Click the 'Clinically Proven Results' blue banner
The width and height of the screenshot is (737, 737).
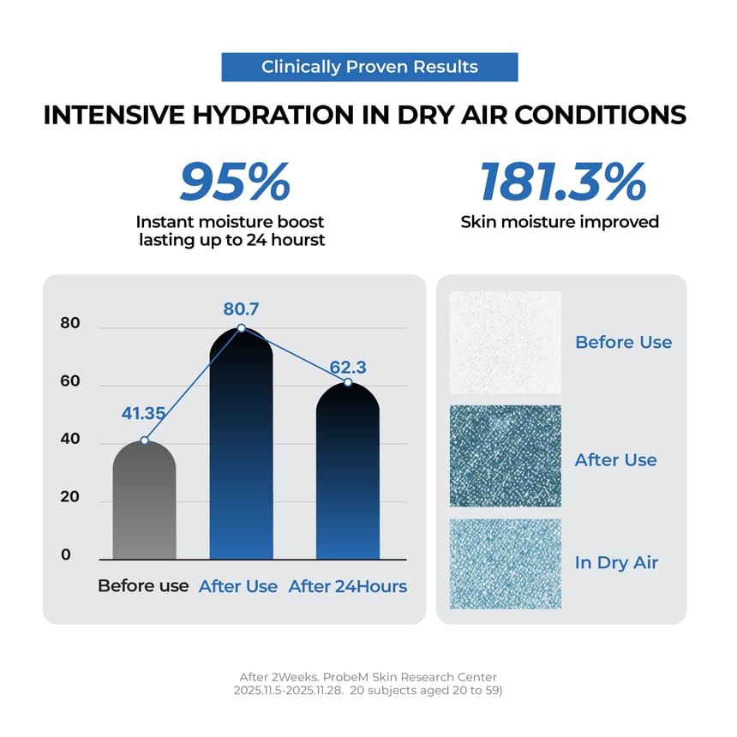tap(369, 67)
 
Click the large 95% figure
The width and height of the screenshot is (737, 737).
tap(235, 182)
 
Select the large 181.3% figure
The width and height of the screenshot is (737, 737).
tap(562, 182)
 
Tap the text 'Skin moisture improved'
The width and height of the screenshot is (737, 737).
tap(560, 222)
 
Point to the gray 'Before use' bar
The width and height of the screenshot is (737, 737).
tap(144, 506)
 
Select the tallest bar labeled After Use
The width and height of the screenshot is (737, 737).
tap(241, 454)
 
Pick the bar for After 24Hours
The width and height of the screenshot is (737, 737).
tap(347, 480)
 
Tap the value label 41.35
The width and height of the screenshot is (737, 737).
tap(143, 414)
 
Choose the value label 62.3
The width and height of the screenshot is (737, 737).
tap(348, 368)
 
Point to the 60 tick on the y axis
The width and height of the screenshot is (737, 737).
tap(70, 381)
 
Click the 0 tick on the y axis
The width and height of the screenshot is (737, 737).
tap(66, 554)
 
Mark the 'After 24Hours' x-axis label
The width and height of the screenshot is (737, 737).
tap(348, 587)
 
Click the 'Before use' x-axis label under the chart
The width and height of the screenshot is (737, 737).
tap(143, 587)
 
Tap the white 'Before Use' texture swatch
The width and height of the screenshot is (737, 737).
tap(505, 342)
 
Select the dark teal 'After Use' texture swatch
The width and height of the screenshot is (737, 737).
tap(505, 456)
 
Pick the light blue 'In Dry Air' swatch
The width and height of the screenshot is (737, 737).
tap(505, 563)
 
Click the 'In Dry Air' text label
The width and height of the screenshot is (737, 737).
tap(616, 563)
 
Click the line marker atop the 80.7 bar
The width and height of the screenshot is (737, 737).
tap(241, 328)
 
